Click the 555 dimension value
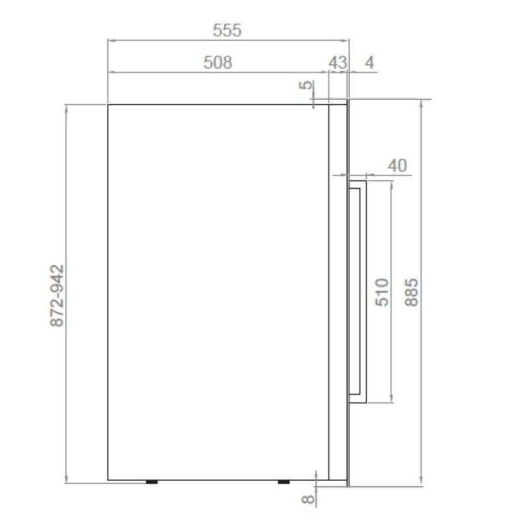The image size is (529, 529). pyautogui.click(x=227, y=30)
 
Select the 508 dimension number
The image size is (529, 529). pyautogui.click(x=218, y=63)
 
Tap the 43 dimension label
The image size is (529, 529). pyautogui.click(x=338, y=63)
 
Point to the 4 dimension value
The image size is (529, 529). pyautogui.click(x=370, y=63)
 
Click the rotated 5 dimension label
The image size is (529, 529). pyautogui.click(x=307, y=85)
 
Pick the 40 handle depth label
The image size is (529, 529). pyautogui.click(x=397, y=166)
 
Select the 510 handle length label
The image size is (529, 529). pyautogui.click(x=382, y=292)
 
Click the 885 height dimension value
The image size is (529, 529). pyautogui.click(x=411, y=292)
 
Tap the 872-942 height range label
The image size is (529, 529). pyautogui.click(x=57, y=296)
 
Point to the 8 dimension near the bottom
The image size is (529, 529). pyautogui.click(x=307, y=499)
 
